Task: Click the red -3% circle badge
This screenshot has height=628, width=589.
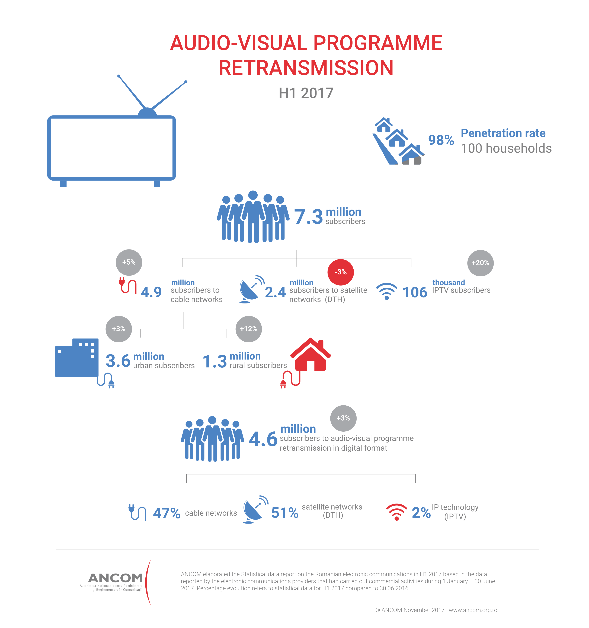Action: click(x=340, y=272)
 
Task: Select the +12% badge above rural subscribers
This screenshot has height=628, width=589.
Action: click(x=248, y=329)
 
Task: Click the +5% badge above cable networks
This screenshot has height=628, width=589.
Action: click(x=129, y=262)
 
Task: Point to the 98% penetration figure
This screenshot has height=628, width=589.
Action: click(x=441, y=140)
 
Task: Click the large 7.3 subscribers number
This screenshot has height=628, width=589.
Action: click(x=308, y=217)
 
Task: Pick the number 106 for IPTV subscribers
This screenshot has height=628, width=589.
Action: click(x=415, y=292)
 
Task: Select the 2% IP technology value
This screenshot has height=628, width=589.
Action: click(x=421, y=513)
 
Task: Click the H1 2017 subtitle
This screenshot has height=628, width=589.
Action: click(x=306, y=93)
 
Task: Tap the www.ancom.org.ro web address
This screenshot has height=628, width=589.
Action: click(x=473, y=610)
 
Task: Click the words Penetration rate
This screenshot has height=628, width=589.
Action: click(x=503, y=133)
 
